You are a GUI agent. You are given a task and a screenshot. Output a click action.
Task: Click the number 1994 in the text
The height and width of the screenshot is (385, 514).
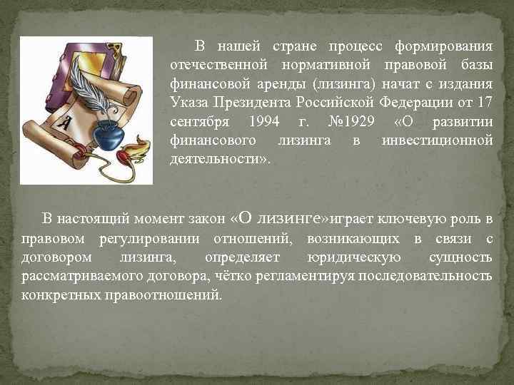[x=265, y=121]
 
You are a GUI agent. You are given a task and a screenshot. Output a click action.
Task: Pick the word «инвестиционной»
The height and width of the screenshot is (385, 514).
[x=437, y=140]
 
